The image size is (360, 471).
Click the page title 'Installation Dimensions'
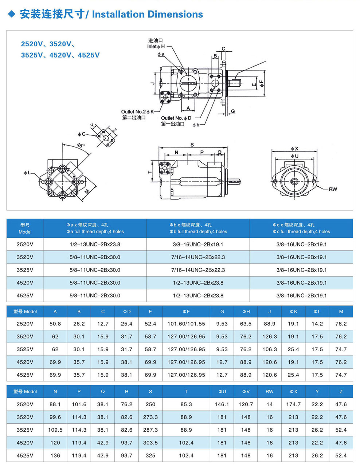[147, 14]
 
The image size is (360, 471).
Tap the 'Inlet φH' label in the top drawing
[156, 46]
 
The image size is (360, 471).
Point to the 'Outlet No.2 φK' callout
[137, 112]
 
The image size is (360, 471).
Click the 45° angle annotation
[81, 145]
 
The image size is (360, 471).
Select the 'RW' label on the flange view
[333, 189]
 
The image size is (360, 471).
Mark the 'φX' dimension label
[294, 149]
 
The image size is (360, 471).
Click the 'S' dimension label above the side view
[192, 145]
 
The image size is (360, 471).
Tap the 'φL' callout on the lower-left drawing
[27, 173]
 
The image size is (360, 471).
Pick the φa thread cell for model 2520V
[95, 244]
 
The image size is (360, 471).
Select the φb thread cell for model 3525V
[198, 270]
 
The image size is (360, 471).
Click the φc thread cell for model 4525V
[301, 296]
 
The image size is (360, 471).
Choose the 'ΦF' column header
[186, 312]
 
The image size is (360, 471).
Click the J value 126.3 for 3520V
[270, 337]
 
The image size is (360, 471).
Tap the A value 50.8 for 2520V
[55, 324]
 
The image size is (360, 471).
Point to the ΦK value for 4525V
[293, 375]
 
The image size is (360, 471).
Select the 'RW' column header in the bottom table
[270, 392]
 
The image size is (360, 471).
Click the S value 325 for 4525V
[150, 455]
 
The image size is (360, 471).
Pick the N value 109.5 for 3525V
[55, 430]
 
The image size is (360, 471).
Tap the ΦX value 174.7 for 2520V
[293, 404]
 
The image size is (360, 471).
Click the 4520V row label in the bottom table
[25, 443]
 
